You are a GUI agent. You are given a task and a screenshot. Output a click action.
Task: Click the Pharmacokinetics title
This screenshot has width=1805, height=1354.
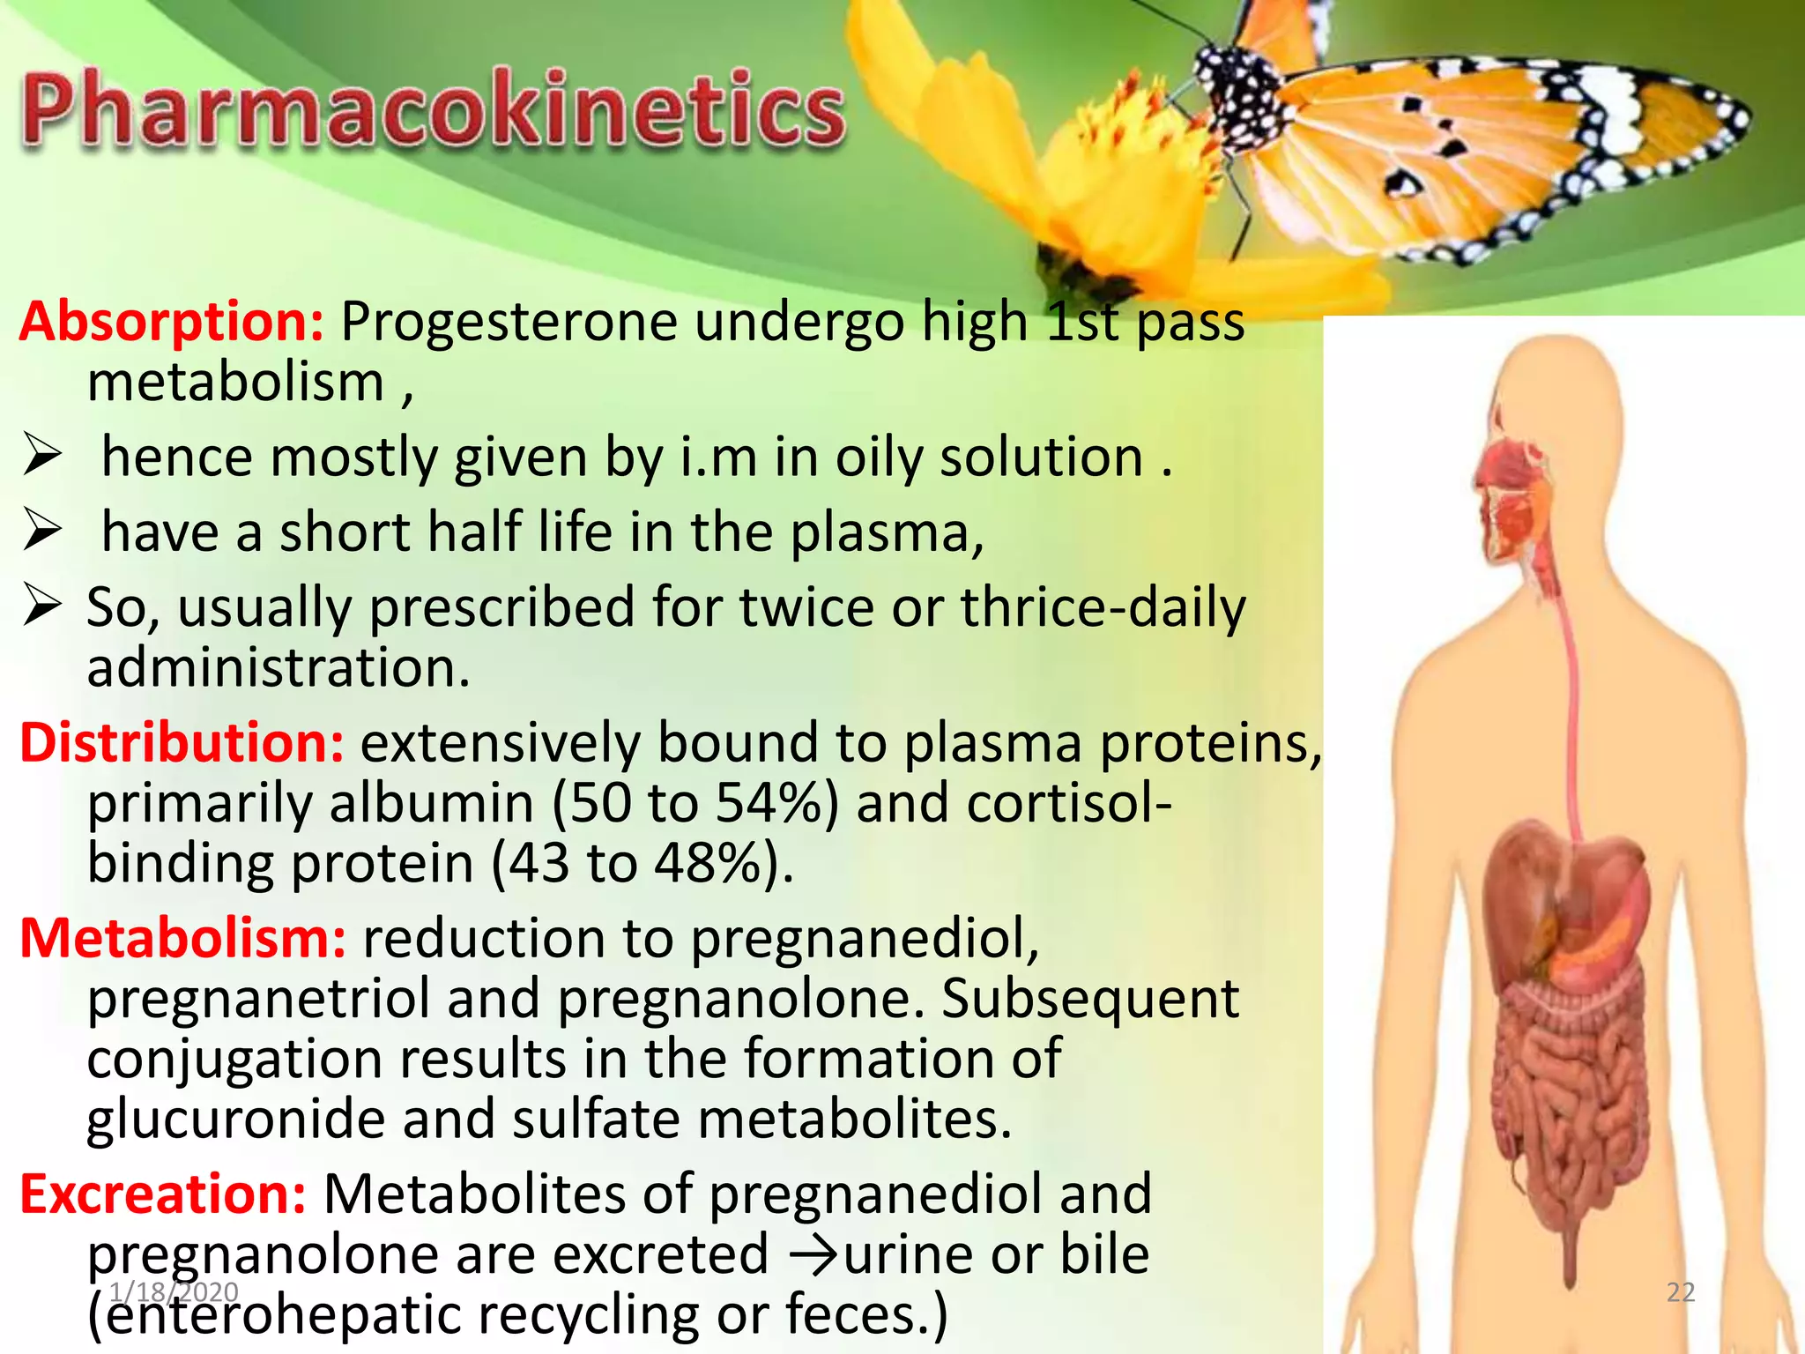432,110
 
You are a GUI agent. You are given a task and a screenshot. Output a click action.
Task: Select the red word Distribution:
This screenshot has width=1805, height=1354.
182,742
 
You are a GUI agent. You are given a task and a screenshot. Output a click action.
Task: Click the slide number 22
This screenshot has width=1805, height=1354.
1680,1292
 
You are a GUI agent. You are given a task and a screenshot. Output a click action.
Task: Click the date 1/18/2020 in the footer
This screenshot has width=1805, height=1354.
174,1292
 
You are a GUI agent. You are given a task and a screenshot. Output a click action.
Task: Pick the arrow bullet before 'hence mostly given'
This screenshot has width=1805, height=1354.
42,457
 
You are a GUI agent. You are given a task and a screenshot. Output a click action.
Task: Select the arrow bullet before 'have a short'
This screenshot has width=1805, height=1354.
42,532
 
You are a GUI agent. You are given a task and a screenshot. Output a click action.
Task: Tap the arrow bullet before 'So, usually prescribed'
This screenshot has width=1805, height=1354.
42,606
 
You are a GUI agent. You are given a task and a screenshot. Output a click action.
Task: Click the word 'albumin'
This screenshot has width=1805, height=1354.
432,804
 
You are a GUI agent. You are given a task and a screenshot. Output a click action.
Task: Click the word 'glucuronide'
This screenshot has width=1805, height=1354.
234,1120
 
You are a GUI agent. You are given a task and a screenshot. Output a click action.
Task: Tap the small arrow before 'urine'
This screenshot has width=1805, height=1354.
814,1256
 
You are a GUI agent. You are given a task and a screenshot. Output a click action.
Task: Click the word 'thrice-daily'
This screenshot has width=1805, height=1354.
1102,608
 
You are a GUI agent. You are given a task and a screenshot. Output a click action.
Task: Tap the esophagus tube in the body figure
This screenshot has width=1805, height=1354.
1569,705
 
